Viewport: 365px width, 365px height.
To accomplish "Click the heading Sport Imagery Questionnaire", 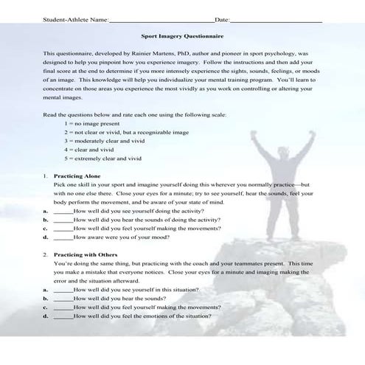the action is coord(182,35).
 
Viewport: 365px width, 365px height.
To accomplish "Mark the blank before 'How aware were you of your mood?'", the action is coord(63,237).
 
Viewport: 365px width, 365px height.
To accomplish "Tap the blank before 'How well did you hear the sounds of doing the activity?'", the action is coord(63,219).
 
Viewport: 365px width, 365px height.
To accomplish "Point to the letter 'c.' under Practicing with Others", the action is coord(45,306).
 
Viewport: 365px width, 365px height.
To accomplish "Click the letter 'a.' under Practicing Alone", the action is coord(45,210).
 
